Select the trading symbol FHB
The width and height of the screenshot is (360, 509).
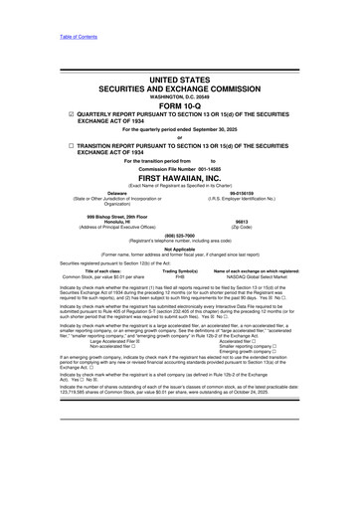[179, 304]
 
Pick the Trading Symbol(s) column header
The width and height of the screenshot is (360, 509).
[179, 298]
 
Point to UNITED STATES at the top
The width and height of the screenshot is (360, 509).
[179, 76]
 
